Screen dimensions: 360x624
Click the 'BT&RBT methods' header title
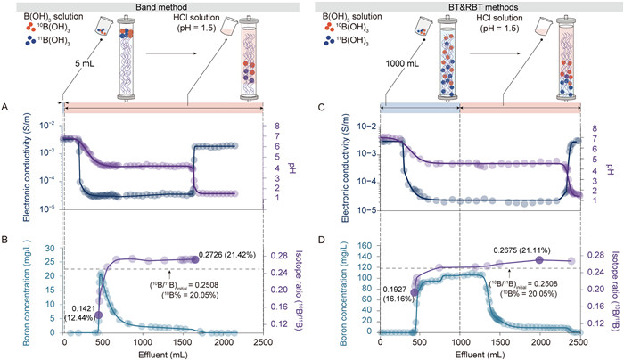[x=467, y=6]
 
